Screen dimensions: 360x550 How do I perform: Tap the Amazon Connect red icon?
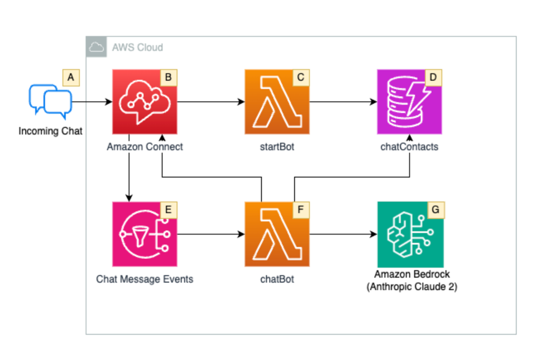click(x=145, y=102)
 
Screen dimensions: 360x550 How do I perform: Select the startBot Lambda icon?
click(x=277, y=102)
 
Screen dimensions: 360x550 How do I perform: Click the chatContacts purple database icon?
click(x=409, y=102)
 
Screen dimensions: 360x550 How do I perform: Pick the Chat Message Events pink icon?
click(x=145, y=234)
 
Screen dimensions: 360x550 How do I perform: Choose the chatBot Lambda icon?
click(x=277, y=234)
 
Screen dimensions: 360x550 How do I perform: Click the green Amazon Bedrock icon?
click(x=410, y=234)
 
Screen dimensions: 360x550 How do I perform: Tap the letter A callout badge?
click(x=71, y=78)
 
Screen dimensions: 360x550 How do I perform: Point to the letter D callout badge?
click(x=433, y=78)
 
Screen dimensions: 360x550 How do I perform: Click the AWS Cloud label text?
click(x=137, y=47)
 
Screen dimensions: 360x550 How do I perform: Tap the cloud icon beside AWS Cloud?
click(x=96, y=47)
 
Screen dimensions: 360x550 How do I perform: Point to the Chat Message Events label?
click(x=145, y=279)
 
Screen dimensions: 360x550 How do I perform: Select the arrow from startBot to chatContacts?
click(x=343, y=102)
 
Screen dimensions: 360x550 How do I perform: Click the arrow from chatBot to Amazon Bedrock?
click(x=343, y=234)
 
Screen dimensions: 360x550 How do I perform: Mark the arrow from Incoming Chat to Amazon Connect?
click(x=92, y=102)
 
